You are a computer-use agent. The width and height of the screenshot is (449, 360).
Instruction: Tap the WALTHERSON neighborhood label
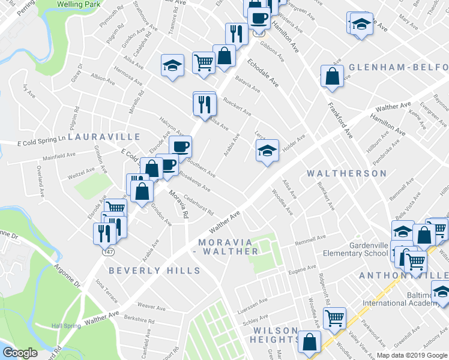(x=346, y=173)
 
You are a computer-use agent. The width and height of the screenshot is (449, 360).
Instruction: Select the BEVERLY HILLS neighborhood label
(x=154, y=271)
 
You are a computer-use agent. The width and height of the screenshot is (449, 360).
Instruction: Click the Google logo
(x=20, y=353)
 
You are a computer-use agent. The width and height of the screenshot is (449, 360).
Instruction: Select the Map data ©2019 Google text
(x=411, y=355)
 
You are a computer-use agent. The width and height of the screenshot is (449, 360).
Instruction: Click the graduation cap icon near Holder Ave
(x=267, y=151)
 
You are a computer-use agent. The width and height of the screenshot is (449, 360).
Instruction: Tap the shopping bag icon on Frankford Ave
(x=332, y=76)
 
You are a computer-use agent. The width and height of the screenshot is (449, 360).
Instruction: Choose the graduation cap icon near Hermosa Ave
(x=172, y=65)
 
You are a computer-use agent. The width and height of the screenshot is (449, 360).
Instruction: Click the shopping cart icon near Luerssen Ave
(x=334, y=317)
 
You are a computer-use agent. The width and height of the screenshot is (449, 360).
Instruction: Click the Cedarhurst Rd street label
(x=199, y=205)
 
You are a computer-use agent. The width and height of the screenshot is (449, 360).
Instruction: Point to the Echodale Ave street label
(x=264, y=73)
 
